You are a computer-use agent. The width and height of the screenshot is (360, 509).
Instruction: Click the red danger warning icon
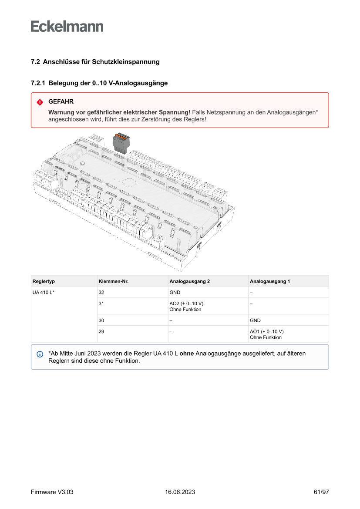tap(40, 102)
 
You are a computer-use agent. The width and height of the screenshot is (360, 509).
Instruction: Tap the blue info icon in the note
tap(40, 354)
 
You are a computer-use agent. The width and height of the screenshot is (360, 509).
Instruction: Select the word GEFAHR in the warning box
tap(61, 102)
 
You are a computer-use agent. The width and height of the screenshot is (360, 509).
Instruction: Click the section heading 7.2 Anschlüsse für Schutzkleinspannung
tap(95, 62)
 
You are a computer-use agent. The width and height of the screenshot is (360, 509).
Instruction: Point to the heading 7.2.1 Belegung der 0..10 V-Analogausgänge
tap(99, 83)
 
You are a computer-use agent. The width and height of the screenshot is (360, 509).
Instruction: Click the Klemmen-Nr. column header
tap(114, 281)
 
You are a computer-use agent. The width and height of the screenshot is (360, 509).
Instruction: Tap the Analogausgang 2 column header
tap(190, 281)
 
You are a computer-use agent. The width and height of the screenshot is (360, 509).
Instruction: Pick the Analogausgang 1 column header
tap(270, 281)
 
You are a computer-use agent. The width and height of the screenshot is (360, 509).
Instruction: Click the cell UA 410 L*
tap(43, 292)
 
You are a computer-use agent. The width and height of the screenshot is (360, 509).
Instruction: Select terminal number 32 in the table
tap(101, 292)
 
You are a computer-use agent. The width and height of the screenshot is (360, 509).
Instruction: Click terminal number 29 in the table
tap(101, 331)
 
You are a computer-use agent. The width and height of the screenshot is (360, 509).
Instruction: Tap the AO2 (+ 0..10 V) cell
tap(186, 303)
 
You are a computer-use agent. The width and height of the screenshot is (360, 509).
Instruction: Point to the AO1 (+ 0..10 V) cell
tap(266, 331)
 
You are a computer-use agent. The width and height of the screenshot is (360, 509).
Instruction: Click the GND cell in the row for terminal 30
tap(255, 320)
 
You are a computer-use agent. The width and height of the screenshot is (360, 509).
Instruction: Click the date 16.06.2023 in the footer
tap(180, 492)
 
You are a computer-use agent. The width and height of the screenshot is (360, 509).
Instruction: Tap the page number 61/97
tap(321, 492)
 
